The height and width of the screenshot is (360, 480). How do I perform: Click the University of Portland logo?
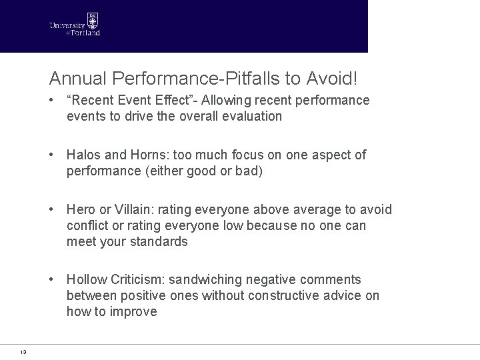coord(75,25)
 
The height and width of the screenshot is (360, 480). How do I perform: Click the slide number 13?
coord(23,352)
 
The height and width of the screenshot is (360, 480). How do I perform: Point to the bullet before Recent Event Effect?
coord(52,101)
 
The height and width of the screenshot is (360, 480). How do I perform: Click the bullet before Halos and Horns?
coord(52,155)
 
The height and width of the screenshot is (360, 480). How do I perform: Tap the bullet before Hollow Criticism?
coord(52,280)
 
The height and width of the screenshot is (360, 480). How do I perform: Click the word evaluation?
coord(249,116)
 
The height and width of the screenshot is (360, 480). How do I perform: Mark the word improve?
coord(134,312)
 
